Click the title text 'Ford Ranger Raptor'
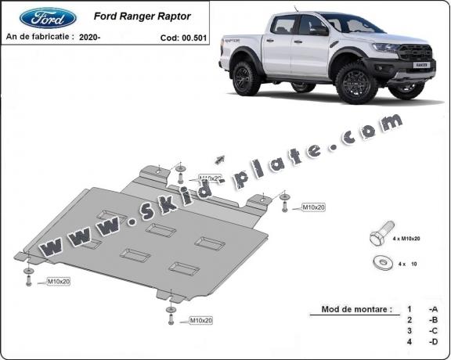coord(142,15)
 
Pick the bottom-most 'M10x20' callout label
coord(200,320)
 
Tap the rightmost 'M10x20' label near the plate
coord(313,207)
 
